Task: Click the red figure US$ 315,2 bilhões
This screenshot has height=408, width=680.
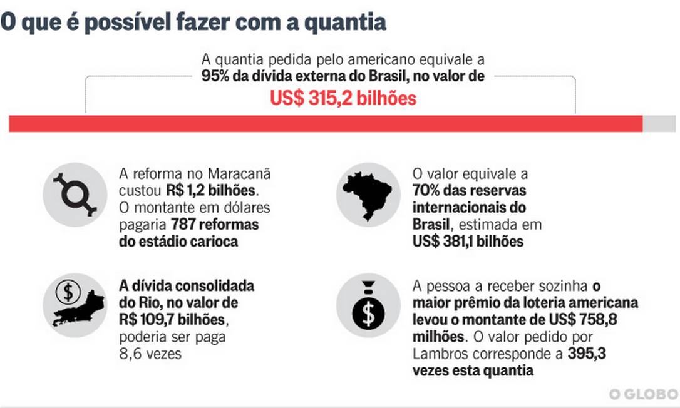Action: point(343,98)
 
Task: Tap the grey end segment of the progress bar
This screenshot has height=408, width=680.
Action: point(659,124)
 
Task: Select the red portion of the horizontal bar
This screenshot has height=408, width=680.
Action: point(326,124)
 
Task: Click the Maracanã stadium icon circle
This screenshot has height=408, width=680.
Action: point(75,194)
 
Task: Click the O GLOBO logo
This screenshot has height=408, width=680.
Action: point(644,394)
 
